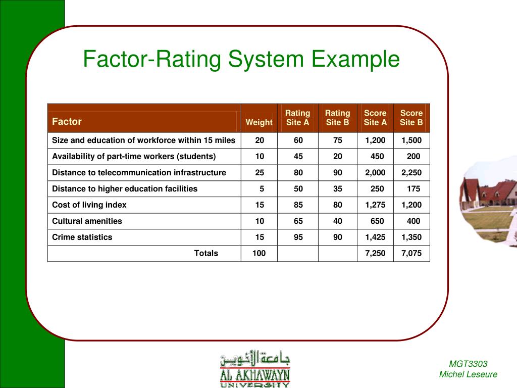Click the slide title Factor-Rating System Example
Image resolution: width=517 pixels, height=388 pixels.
tap(241, 60)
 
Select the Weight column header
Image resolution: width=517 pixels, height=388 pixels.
tap(259, 122)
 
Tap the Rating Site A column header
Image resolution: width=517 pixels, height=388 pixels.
tap(297, 118)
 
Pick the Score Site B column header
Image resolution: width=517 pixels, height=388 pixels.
tap(411, 118)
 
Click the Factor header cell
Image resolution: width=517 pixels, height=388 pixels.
tap(67, 122)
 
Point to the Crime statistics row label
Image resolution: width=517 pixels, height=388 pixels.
tap(82, 237)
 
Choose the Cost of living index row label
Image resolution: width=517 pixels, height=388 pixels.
tap(89, 205)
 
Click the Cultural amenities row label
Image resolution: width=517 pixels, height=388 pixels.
tap(87, 221)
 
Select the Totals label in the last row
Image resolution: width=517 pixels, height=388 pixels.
tap(206, 253)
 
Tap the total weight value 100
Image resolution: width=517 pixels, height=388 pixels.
tap(259, 253)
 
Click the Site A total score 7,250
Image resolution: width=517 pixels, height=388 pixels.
tap(375, 253)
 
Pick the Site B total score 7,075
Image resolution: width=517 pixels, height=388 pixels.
tap(411, 253)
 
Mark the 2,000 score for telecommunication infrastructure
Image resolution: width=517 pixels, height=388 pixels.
tap(375, 172)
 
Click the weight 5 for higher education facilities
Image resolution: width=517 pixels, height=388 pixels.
tap(262, 188)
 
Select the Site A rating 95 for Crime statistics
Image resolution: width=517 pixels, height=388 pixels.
tap(298, 237)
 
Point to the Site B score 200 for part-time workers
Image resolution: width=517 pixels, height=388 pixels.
tap(413, 156)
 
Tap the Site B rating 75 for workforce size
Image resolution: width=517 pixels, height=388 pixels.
tap(337, 140)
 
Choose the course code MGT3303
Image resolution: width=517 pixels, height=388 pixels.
tap(468, 364)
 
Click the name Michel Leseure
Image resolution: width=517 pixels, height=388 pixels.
tap(468, 374)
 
